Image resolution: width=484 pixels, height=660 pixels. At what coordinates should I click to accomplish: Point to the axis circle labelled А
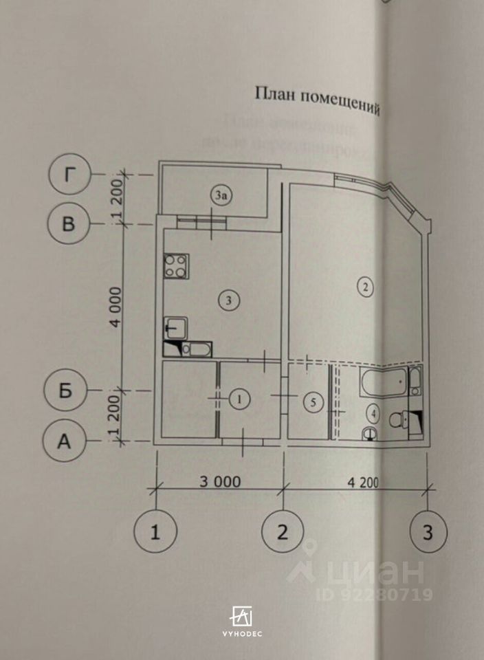63,441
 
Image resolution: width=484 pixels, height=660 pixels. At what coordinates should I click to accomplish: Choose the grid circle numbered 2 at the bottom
282,531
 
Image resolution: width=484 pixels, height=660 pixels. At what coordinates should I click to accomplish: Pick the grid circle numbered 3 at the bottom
428,531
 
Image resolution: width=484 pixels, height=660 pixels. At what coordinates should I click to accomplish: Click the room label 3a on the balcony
220,196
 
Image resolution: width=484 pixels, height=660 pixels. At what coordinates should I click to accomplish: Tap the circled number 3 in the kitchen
229,299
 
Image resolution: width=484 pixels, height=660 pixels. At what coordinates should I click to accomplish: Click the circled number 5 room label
312,403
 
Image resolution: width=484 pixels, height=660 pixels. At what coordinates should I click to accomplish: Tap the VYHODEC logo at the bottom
241,620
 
